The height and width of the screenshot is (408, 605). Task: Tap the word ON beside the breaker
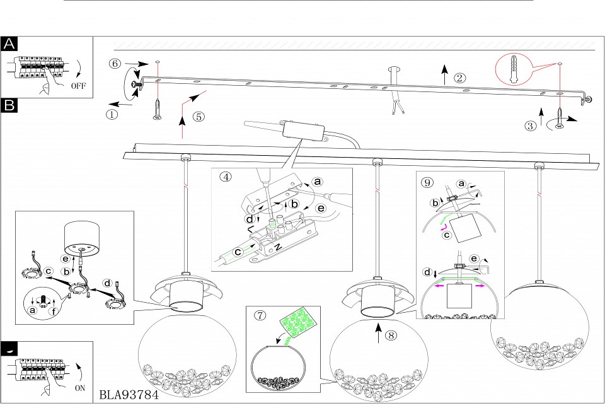79,388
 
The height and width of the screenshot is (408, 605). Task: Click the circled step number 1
112,115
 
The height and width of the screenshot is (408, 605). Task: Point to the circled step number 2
460,78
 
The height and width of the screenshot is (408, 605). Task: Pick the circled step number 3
531,125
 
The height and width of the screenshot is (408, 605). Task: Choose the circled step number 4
226,177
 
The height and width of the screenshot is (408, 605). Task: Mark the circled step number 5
199,116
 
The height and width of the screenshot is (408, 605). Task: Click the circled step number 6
114,64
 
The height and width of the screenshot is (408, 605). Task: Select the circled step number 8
392,335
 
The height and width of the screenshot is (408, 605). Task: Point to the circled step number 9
428,182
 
